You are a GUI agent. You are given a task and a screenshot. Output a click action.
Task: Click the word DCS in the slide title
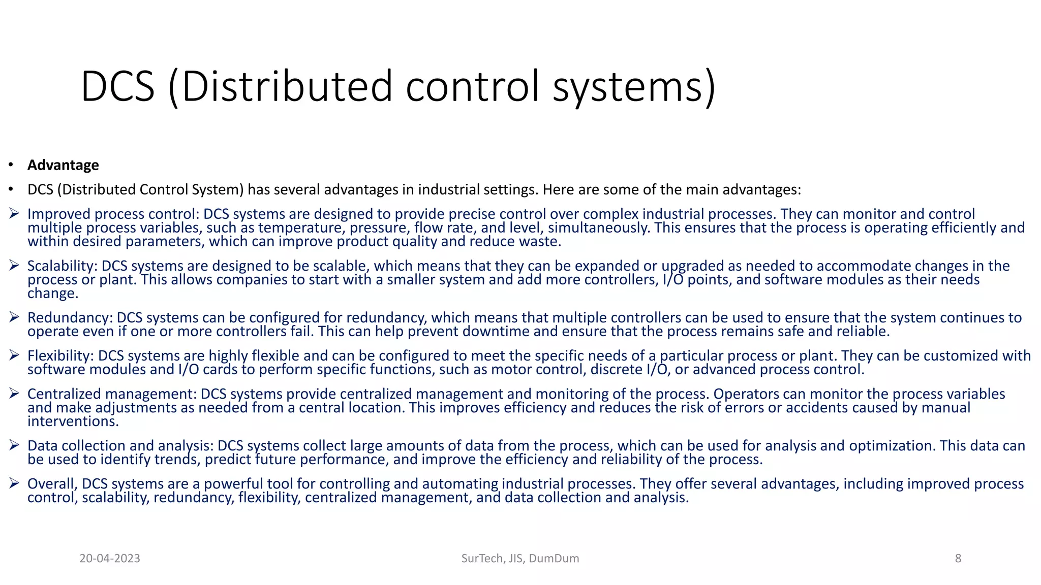(117, 86)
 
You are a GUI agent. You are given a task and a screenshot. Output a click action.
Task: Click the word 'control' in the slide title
(472, 86)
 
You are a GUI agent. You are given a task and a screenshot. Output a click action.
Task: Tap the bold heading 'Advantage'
(63, 165)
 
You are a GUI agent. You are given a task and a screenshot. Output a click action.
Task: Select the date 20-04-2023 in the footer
(110, 559)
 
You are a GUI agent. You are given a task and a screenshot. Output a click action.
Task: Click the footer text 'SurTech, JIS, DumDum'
(520, 559)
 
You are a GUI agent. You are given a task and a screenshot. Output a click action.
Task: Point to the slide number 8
(958, 559)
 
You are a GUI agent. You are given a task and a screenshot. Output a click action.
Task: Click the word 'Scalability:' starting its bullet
(62, 266)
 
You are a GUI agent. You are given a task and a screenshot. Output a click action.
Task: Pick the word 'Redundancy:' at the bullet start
(70, 318)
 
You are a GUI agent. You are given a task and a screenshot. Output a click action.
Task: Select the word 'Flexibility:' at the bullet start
(60, 355)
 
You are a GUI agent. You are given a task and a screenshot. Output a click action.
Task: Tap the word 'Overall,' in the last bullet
(52, 483)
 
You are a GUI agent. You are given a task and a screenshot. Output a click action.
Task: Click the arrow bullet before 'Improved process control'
(14, 214)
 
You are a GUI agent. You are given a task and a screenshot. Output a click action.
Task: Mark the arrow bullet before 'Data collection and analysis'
(14, 445)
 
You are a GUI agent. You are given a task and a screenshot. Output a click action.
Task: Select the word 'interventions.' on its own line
(73, 421)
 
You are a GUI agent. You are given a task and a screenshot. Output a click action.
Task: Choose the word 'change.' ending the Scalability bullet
(53, 294)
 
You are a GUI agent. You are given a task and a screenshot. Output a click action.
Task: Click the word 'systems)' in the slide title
(634, 86)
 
